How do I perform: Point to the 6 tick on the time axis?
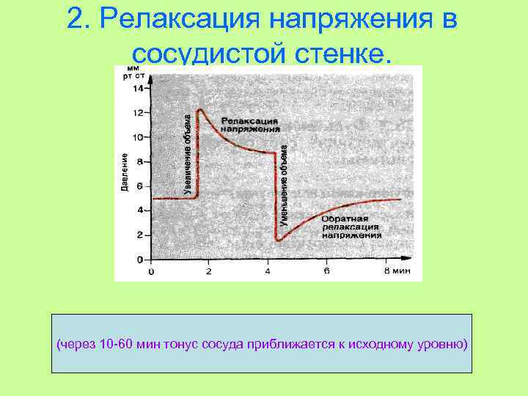327,271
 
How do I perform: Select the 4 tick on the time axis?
268,271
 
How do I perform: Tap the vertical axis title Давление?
125,173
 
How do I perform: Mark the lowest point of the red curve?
277,241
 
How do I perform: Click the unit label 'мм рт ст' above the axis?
133,71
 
